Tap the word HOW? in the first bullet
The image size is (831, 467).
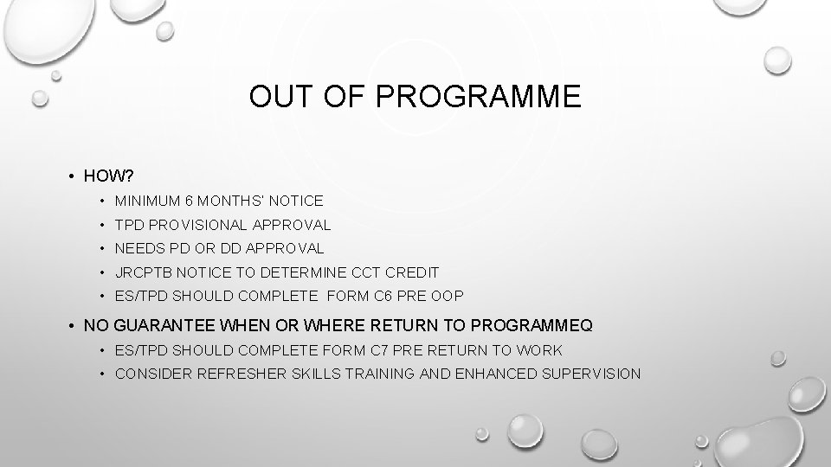tap(107, 176)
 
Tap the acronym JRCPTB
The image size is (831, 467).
tap(144, 272)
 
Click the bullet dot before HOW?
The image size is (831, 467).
tap(70, 176)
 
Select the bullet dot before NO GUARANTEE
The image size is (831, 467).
tap(70, 326)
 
